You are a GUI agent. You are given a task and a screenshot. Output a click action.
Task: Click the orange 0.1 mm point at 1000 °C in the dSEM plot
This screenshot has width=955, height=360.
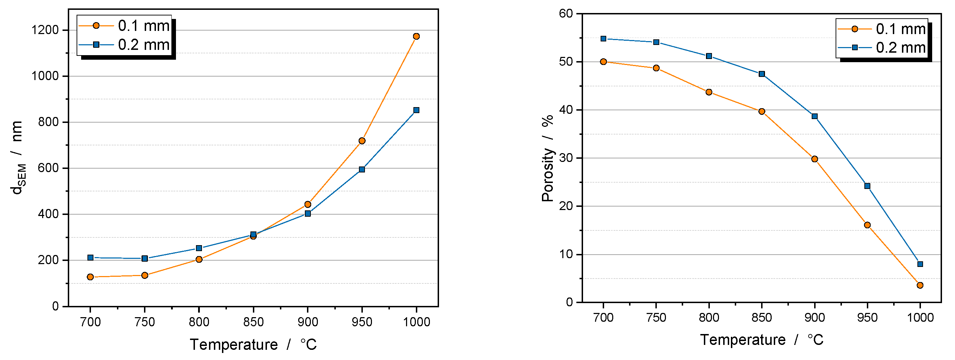point(416,36)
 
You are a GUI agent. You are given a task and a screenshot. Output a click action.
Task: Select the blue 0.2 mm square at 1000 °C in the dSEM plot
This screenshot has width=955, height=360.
point(416,110)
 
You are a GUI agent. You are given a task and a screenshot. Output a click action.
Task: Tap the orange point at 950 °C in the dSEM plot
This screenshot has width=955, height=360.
point(362,141)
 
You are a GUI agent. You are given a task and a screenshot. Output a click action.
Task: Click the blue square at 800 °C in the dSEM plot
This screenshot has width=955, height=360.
point(199,248)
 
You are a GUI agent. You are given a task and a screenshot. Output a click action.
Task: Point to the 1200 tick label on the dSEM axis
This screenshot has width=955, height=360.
point(45,30)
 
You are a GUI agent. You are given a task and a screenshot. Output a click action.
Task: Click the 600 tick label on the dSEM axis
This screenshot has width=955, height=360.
point(48,168)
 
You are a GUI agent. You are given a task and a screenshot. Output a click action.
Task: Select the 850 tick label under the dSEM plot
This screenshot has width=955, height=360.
point(253,322)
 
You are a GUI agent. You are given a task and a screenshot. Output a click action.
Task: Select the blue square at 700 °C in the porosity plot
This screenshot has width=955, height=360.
point(603,39)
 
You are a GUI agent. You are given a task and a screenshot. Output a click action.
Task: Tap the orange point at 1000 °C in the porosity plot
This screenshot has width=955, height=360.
point(920,285)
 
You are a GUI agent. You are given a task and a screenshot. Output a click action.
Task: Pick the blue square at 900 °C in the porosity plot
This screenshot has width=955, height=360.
point(815,116)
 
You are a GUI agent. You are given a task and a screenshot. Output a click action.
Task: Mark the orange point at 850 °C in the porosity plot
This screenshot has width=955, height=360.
point(762,112)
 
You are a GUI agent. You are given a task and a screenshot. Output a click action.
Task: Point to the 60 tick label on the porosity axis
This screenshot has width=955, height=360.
point(566,14)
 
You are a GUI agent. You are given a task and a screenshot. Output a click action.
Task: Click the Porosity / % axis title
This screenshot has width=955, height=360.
point(547,159)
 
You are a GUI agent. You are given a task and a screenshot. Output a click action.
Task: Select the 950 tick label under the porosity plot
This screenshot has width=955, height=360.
point(867,318)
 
